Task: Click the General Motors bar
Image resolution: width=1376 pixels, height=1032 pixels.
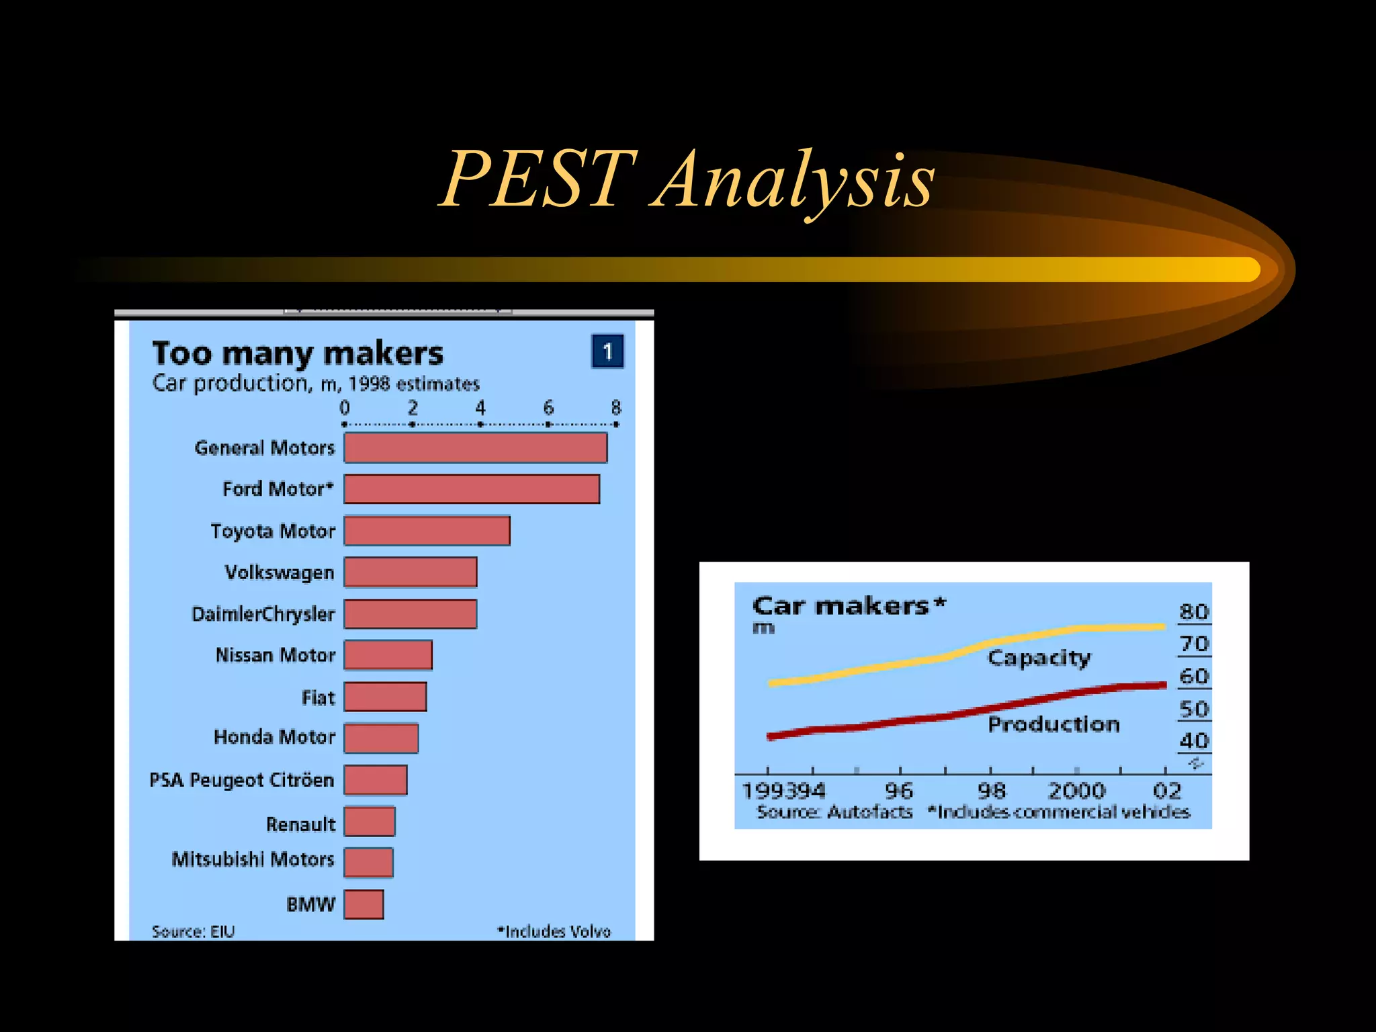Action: tap(476, 448)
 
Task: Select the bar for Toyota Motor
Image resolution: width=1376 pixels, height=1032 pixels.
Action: tap(427, 531)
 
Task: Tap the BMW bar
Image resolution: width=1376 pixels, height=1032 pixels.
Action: tap(363, 904)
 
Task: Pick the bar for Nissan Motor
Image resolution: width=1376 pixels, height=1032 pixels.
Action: tap(388, 655)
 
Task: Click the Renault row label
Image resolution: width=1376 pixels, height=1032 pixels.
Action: tap(300, 824)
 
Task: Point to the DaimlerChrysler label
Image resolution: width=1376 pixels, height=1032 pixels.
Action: tap(263, 614)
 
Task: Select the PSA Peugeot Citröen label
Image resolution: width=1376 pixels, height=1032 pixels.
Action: tap(241, 780)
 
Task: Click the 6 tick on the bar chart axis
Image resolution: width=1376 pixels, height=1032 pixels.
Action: tap(548, 408)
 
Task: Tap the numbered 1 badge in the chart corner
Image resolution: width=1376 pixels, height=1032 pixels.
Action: tap(607, 351)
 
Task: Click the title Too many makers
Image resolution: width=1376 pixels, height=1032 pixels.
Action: tap(298, 353)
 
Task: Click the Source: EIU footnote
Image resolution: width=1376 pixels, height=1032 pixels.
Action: tap(193, 932)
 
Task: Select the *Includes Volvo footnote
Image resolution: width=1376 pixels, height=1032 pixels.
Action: tap(554, 932)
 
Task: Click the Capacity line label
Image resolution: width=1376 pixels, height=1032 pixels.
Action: tap(1039, 658)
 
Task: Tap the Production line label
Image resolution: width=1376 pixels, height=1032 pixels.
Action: tap(1053, 724)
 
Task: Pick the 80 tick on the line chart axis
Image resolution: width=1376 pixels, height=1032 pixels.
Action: tap(1193, 612)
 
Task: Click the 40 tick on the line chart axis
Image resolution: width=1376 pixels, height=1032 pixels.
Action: tap(1193, 741)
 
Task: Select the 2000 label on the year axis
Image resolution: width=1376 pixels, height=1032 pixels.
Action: tap(1076, 791)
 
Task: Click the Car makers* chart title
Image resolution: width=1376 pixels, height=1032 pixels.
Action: tap(849, 606)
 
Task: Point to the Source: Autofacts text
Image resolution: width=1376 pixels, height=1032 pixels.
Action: tap(834, 812)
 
